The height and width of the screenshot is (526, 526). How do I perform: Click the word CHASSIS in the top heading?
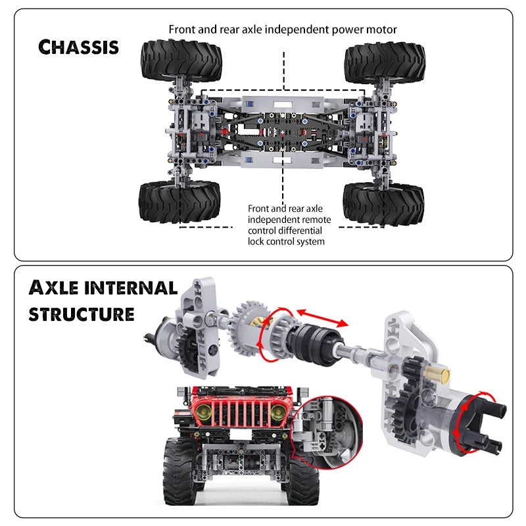78,46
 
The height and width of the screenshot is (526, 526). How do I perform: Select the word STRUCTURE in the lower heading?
81,314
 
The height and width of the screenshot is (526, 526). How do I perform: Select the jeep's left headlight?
204,413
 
